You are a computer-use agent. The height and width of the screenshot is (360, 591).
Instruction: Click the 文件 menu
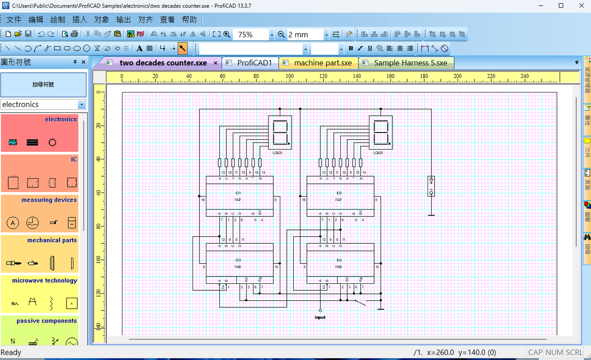click(14, 19)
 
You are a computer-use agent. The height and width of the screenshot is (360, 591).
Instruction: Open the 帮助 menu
click(189, 19)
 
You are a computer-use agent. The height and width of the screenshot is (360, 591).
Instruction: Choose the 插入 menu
click(79, 19)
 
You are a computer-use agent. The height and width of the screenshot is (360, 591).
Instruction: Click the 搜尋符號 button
click(43, 84)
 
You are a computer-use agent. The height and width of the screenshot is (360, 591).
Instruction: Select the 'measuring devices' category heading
click(49, 200)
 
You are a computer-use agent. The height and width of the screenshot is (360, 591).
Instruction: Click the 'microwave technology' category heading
click(44, 280)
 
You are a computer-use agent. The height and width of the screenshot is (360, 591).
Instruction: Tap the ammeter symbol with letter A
click(13, 223)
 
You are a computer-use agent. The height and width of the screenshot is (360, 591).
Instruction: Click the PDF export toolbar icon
click(140, 34)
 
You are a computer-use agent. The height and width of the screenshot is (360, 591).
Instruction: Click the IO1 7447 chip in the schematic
click(239, 196)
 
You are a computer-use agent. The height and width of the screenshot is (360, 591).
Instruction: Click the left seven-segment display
click(280, 132)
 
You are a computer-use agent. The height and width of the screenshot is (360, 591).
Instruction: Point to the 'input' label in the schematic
click(320, 317)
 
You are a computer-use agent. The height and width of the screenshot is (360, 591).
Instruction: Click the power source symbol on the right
click(431, 186)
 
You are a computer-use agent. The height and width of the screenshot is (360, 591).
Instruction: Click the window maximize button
click(561, 6)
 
